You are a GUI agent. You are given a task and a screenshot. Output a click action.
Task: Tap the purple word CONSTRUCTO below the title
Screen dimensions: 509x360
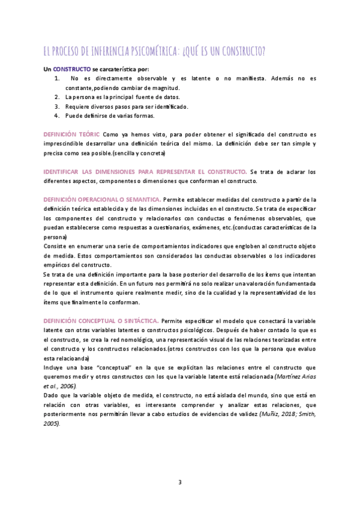coord(72,69)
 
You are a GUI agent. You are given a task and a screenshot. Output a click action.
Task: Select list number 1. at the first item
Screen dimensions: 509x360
coord(57,79)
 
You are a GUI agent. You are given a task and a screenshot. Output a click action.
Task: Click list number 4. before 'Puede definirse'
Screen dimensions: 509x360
coord(57,115)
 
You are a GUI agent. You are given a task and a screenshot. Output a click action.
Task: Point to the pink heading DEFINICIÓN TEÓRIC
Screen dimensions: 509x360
coord(71,134)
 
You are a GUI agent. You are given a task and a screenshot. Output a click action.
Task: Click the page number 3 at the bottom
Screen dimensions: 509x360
coord(180,482)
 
